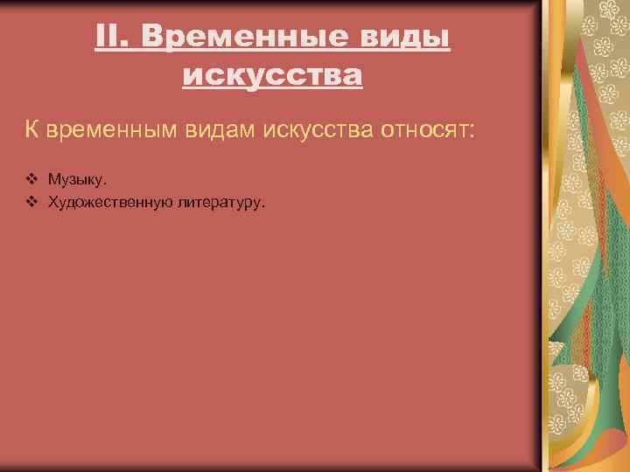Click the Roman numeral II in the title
click(108, 38)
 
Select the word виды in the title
click(408, 38)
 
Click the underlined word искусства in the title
click(272, 76)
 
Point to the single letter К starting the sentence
click(31, 131)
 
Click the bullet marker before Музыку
click(31, 179)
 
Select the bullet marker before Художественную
click(31, 202)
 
